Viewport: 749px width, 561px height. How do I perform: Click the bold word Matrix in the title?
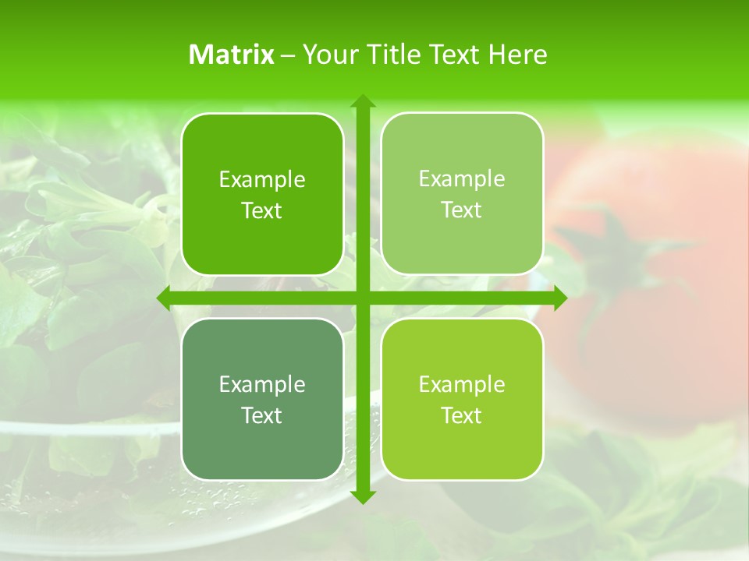click(x=231, y=55)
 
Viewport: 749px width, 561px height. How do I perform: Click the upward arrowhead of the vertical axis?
click(x=362, y=101)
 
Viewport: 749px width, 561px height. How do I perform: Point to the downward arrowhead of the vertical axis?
click(x=362, y=496)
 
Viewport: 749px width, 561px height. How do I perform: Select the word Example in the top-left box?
click(x=262, y=180)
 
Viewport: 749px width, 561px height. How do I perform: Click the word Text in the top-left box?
click(x=262, y=211)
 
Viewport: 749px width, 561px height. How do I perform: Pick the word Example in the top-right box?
click(x=462, y=179)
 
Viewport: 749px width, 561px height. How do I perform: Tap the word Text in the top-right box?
click(x=462, y=210)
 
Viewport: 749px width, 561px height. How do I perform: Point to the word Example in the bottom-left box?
click(x=262, y=385)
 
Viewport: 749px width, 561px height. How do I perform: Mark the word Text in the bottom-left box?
click(x=262, y=416)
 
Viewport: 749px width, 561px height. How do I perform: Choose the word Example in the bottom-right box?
click(x=462, y=385)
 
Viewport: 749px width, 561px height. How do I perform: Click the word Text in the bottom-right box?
click(x=462, y=416)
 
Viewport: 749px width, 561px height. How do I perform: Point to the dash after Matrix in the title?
click(x=287, y=55)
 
